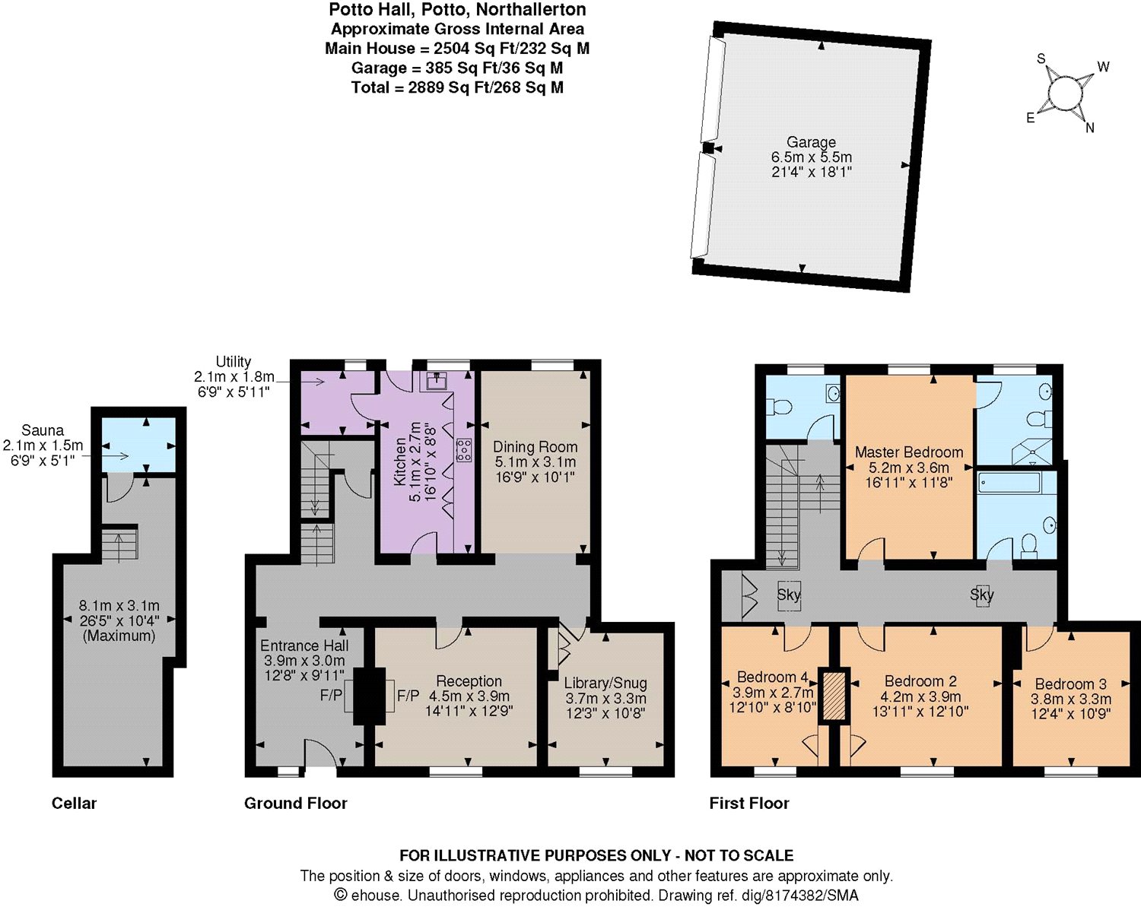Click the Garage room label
(811, 142)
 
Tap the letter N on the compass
(1089, 128)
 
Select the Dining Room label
(535, 446)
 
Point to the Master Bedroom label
(909, 452)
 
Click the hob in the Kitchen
(465, 449)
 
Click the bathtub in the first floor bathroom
(1009, 484)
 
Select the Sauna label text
(43, 430)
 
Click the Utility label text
(234, 362)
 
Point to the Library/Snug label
(605, 683)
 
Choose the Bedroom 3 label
(1070, 683)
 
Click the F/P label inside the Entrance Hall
(331, 695)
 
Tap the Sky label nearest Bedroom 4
(788, 595)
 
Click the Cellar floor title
(75, 803)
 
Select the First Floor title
(749, 803)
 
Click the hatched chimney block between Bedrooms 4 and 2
(834, 696)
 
